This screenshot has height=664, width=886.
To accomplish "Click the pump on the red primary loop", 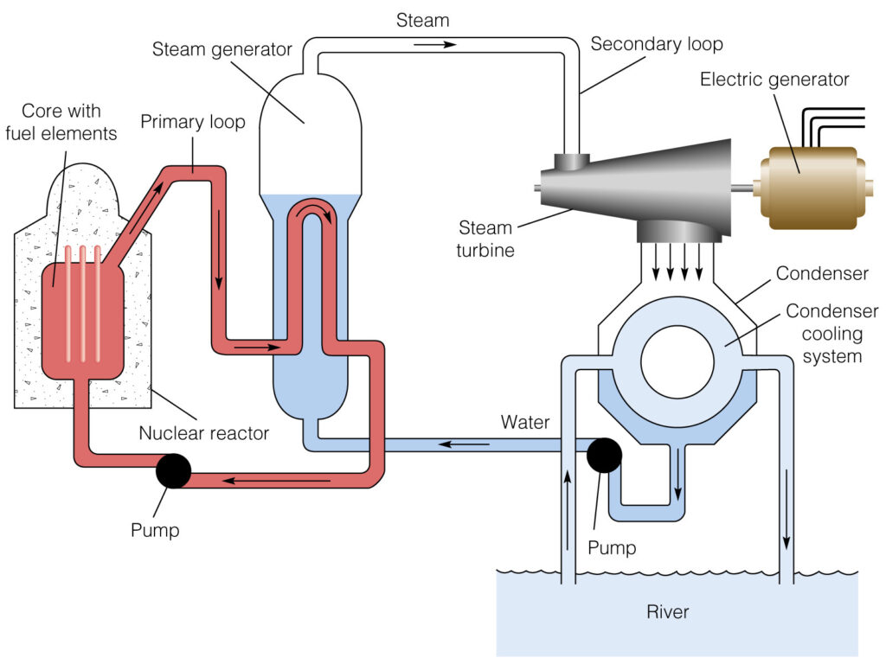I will (x=173, y=470).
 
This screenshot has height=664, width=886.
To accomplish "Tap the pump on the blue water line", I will (x=603, y=454).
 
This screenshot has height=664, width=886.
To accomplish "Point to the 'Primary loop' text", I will (x=192, y=121).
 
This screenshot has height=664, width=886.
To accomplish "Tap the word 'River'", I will (x=668, y=612).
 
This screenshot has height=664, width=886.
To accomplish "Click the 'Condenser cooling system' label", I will (x=831, y=333).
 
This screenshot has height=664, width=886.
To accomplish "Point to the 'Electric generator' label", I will (x=774, y=80).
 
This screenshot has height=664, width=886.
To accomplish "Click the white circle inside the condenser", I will (x=677, y=362).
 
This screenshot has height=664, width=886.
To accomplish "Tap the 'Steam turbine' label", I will (x=485, y=239).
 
